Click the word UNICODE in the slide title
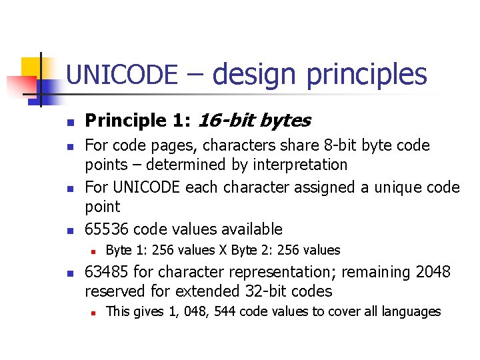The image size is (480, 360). coord(122,74)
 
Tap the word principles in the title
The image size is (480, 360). coord(366,75)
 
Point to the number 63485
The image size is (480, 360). coord(107,272)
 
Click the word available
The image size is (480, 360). coord(251,229)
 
